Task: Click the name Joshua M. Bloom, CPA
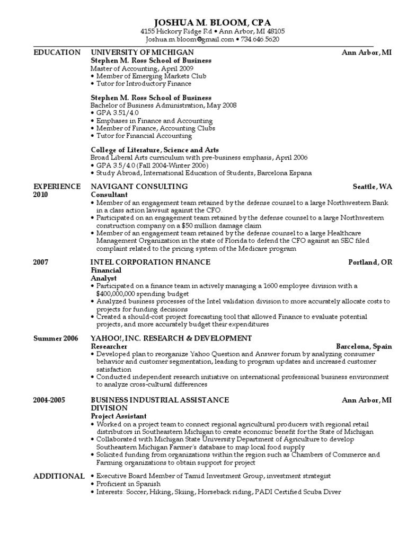click(212, 22)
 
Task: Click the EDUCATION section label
click(57, 52)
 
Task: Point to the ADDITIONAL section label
click(58, 476)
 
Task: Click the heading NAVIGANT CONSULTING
click(139, 187)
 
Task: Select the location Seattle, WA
click(373, 187)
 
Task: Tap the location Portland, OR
click(370, 262)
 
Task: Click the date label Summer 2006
click(56, 338)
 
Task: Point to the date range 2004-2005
click(49, 400)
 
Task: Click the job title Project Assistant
click(119, 416)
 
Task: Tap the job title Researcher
click(109, 346)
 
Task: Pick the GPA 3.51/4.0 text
click(117, 113)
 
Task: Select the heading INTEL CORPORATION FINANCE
click(151, 262)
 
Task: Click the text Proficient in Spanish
click(128, 484)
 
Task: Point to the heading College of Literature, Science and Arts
click(155, 150)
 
